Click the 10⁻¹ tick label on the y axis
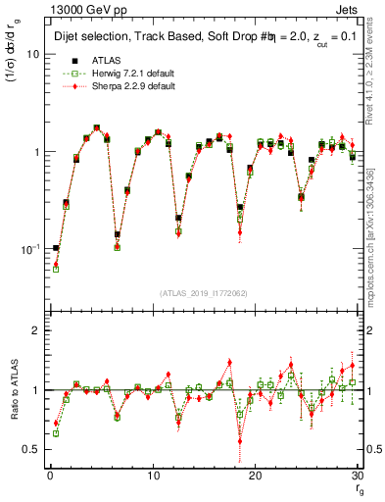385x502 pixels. [x=29, y=249]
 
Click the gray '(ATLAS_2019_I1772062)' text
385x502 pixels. [x=204, y=293]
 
